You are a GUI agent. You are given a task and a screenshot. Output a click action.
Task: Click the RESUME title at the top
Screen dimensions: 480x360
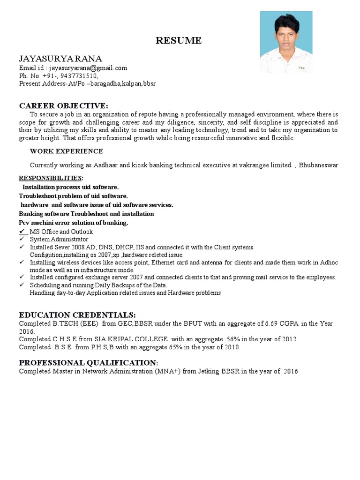point(179,41)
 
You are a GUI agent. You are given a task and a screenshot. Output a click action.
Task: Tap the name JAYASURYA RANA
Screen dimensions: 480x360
point(60,58)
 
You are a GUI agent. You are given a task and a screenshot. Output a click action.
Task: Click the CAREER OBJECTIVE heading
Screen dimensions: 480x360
point(63,105)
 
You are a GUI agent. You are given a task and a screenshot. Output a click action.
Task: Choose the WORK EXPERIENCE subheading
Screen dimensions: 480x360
point(66,151)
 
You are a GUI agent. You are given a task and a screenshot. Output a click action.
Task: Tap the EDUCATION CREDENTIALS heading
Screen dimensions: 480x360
point(77,315)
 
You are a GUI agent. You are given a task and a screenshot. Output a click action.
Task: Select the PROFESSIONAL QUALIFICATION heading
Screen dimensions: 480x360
point(88,363)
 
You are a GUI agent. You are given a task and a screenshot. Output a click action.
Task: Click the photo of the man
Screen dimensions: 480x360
point(286,42)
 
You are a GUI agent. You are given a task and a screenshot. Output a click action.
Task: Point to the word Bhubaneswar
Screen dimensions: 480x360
point(318,165)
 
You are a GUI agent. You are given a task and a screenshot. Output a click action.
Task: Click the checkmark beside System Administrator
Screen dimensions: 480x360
point(22,239)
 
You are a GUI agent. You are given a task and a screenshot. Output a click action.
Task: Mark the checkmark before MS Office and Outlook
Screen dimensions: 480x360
point(22,232)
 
